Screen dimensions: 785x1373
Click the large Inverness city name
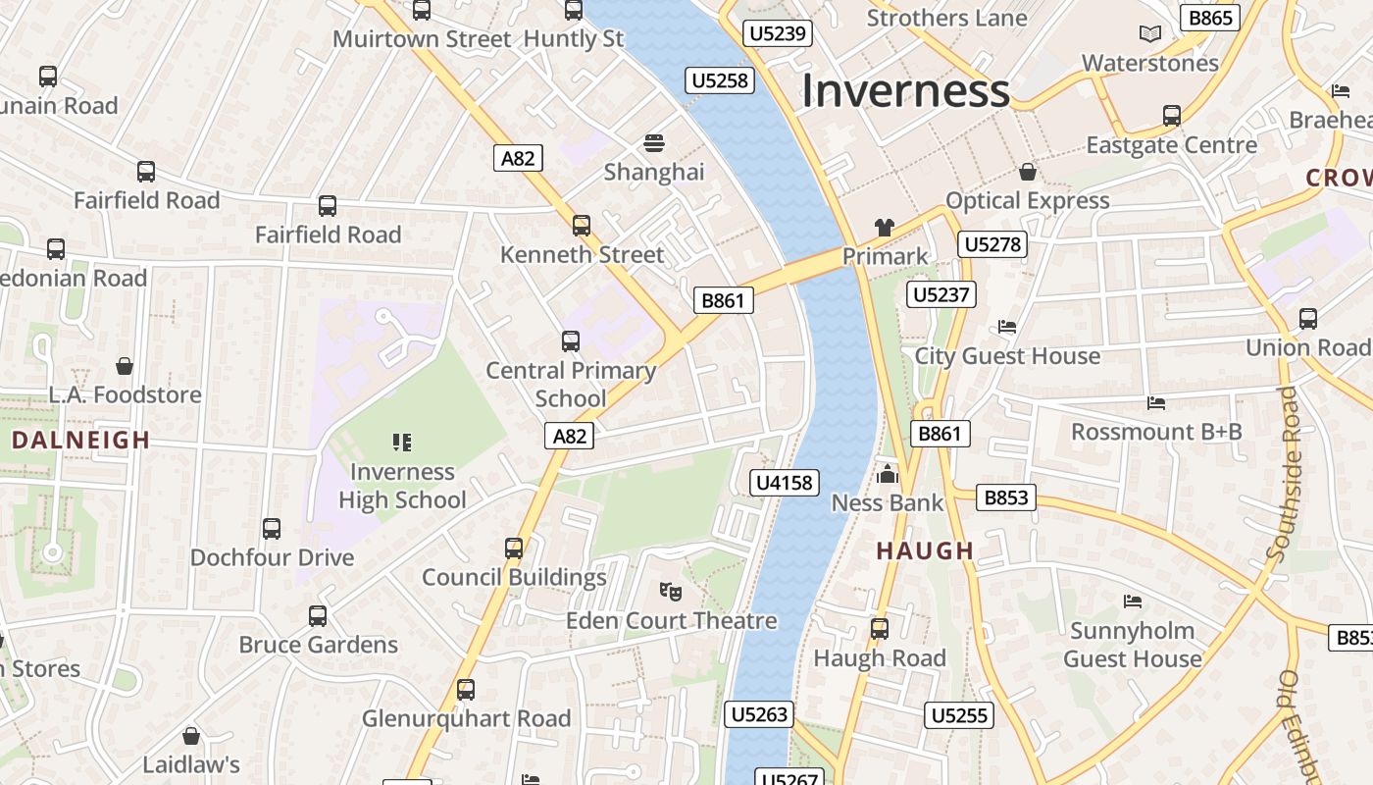pos(905,91)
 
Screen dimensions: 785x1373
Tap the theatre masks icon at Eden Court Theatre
pos(671,591)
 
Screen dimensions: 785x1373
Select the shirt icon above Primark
pos(885,228)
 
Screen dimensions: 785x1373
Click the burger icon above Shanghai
pos(654,143)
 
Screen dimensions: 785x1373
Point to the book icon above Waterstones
pos(1150,34)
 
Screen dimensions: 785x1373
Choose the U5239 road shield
pos(778,34)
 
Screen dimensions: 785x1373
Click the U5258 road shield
pos(721,80)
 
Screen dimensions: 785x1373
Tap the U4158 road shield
pos(785,482)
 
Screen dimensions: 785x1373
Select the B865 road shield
pos(1211,18)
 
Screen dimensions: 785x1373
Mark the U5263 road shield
pos(760,714)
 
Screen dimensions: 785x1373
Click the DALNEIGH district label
pos(81,441)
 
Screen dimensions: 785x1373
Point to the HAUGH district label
pos(925,550)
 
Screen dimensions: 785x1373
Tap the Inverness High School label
pos(402,486)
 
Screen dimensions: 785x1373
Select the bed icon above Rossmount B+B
pos(1156,402)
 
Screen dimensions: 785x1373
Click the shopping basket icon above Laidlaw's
pos(191,736)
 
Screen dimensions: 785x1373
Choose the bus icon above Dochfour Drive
pos(272,529)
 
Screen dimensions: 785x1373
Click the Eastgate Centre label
pos(1171,145)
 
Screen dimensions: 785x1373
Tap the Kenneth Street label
pos(582,255)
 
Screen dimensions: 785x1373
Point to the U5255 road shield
pos(959,715)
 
